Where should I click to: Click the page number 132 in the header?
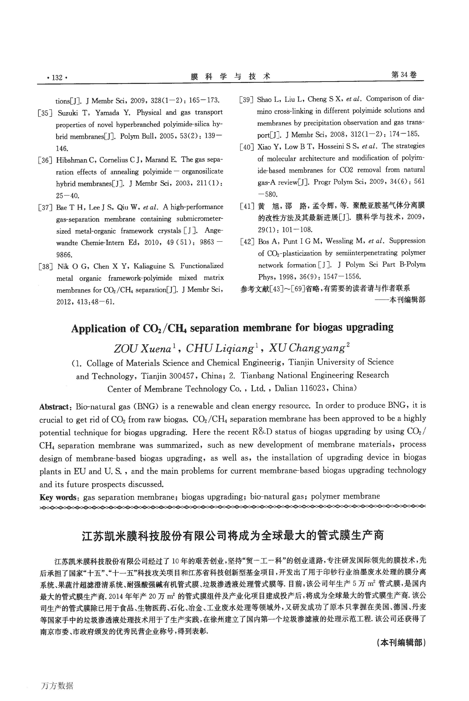coord(57,78)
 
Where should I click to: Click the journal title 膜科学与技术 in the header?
coord(230,77)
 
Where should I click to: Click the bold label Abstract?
coord(54,407)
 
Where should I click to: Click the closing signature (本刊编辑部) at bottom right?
coord(401,651)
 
